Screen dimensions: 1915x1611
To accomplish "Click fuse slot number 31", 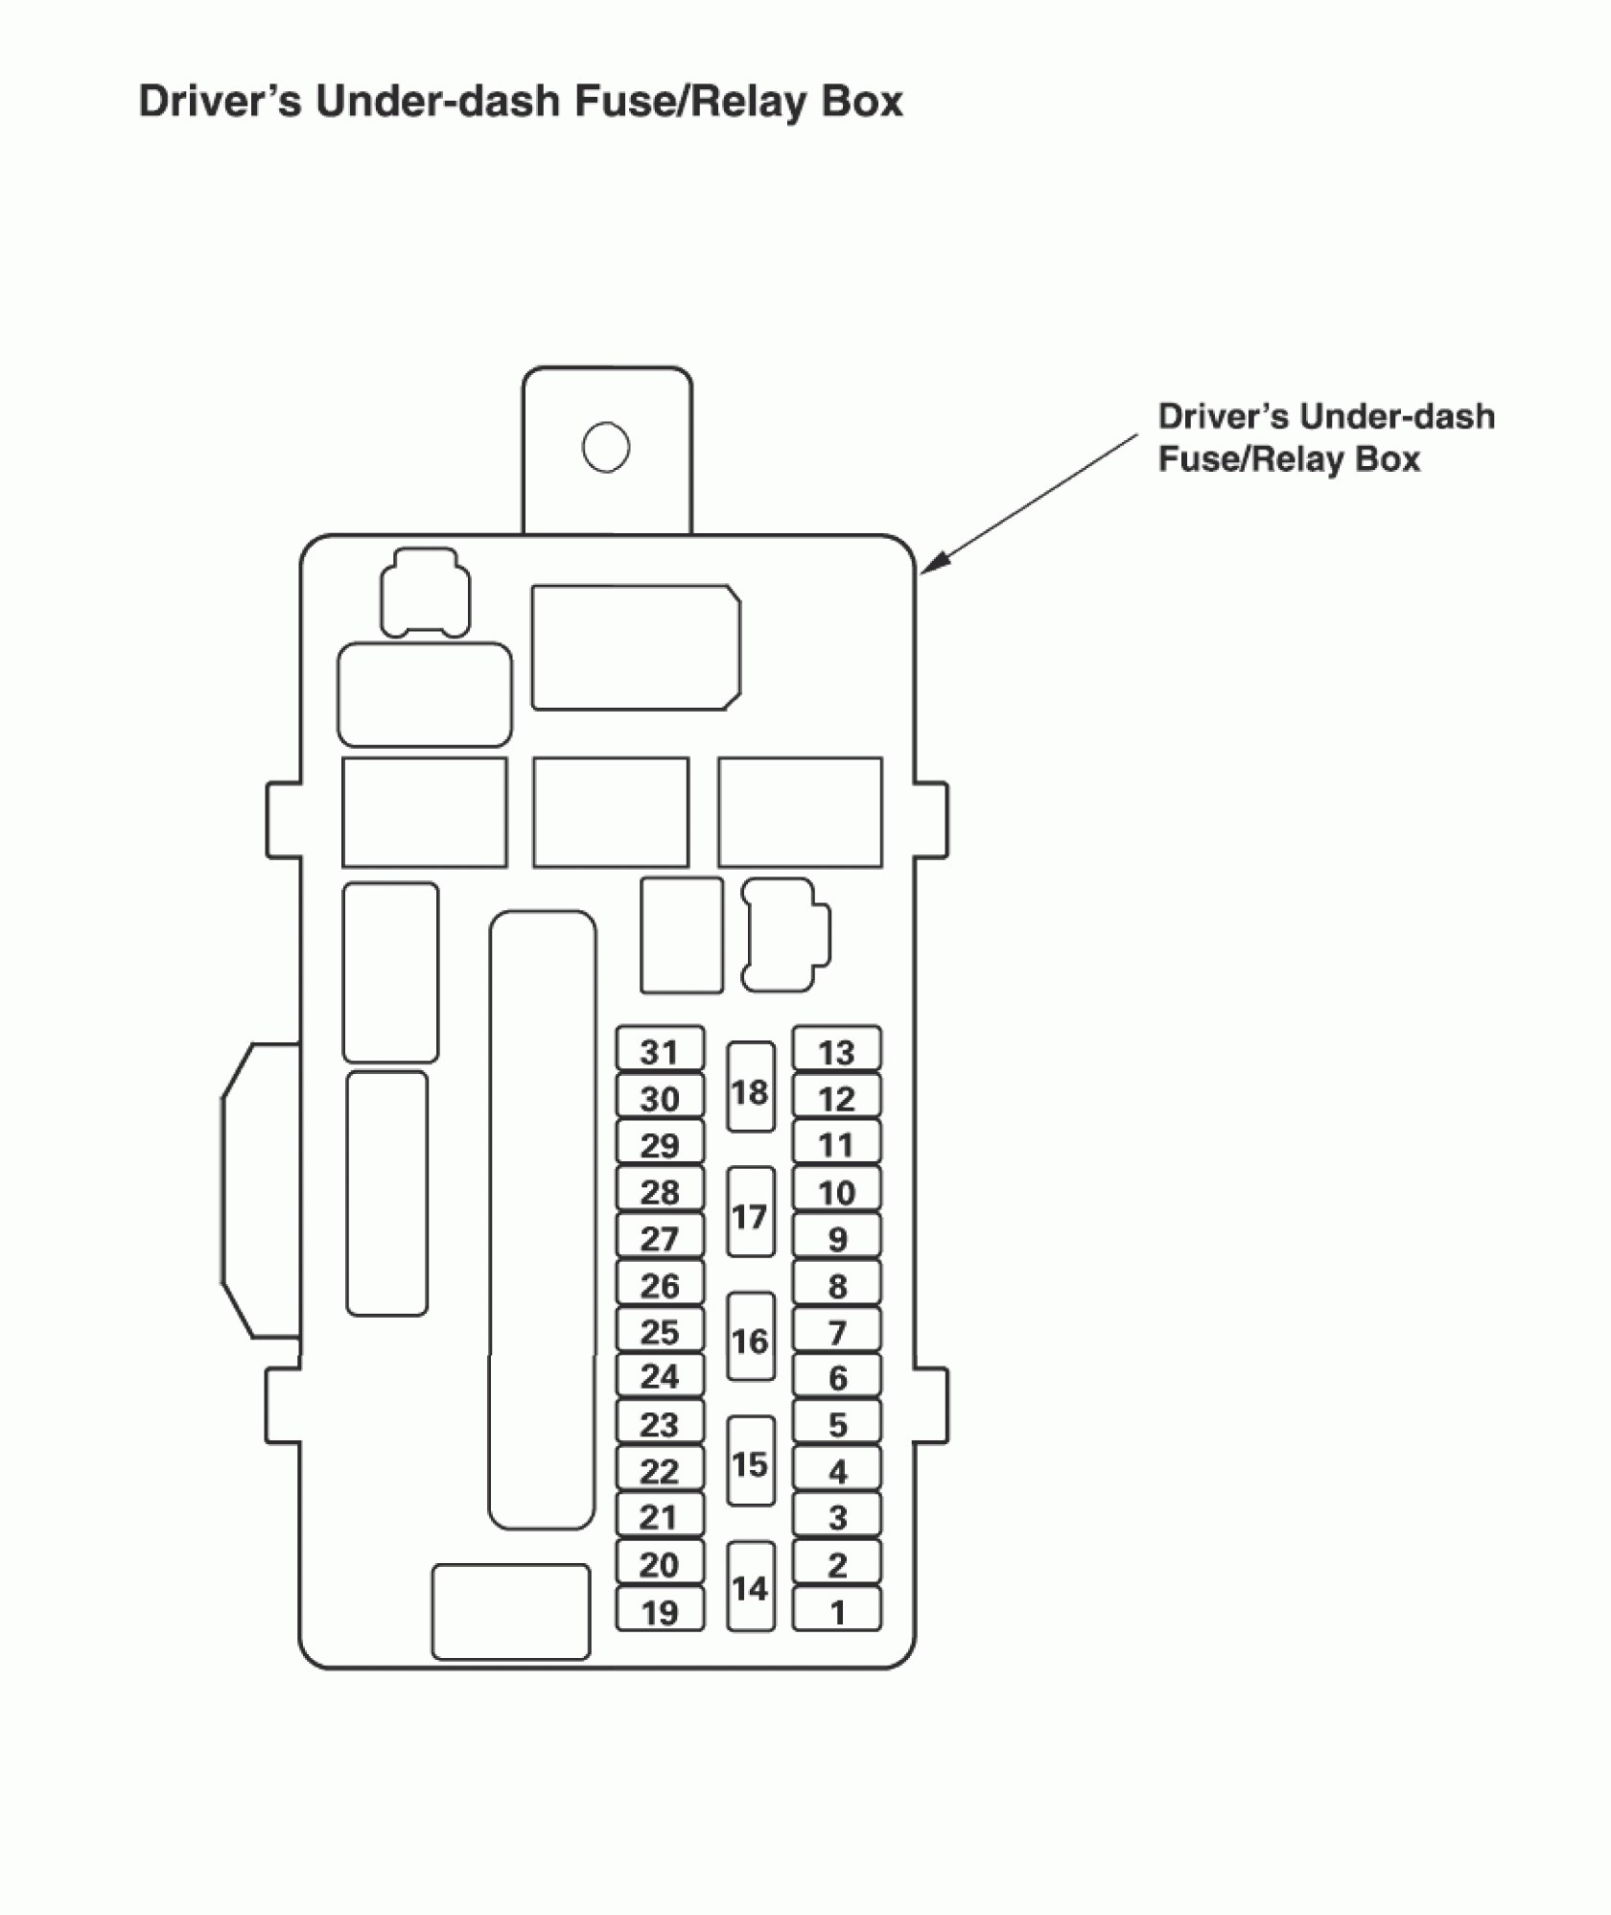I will [x=660, y=1052].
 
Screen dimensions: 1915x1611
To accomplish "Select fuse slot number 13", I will [x=836, y=1052].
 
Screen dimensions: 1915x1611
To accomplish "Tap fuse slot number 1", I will [x=836, y=1611].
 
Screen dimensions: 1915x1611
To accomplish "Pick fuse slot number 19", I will [x=660, y=1611].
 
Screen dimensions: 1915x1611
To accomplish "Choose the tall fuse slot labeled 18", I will [x=750, y=1091].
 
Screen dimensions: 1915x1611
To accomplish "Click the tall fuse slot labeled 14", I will [x=750, y=1587].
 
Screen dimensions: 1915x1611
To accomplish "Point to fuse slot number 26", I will [x=660, y=1285].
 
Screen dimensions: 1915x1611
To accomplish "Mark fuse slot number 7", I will [x=836, y=1332].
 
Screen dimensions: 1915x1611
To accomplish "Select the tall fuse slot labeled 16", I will [x=750, y=1340].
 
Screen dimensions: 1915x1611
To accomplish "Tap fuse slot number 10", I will [x=836, y=1192].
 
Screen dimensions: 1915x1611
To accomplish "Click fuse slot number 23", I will [x=660, y=1424].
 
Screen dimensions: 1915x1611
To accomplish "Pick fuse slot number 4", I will [x=836, y=1471].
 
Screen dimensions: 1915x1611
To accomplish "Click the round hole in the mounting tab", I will [x=606, y=447].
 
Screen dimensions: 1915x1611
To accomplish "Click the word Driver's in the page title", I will [x=221, y=102].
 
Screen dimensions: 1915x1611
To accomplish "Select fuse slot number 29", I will [x=660, y=1145].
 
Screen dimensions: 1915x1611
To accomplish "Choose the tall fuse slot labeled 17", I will [x=750, y=1216].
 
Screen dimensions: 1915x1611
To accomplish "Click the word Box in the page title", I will [x=862, y=102].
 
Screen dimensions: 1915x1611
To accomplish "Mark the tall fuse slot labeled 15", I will [x=750, y=1463].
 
